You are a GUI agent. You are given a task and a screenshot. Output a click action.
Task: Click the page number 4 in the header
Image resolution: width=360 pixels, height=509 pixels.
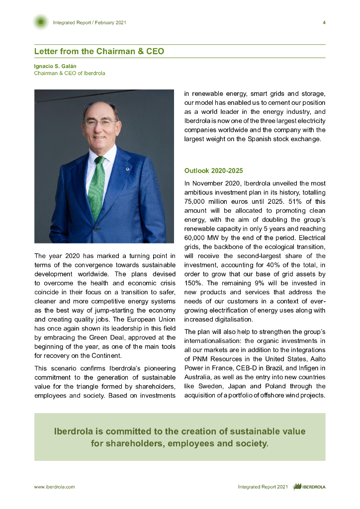324,22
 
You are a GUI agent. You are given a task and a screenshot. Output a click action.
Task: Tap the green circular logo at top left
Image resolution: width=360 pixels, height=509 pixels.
41,22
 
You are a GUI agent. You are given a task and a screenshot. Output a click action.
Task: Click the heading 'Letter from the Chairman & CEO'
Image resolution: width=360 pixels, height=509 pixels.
99,52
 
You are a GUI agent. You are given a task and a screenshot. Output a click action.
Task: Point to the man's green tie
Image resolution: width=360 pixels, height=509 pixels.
96,186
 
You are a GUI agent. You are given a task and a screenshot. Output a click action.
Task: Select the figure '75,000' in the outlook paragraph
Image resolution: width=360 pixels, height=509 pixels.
194,202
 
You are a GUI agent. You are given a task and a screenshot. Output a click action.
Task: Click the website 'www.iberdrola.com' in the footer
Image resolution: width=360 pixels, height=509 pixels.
54,487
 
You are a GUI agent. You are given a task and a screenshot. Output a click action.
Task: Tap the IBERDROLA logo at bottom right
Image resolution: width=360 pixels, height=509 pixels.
309,487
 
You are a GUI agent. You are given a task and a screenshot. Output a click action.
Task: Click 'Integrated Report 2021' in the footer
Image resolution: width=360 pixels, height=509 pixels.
263,487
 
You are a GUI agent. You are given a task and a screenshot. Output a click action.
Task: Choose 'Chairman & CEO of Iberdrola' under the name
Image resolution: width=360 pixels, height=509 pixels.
70,73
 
